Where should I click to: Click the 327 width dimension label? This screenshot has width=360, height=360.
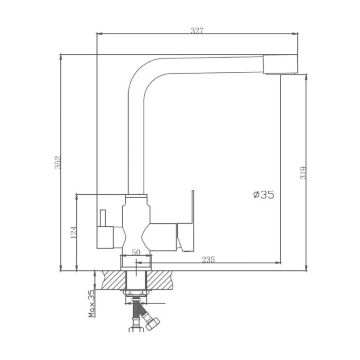[x=197, y=30]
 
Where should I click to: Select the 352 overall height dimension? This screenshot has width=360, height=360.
[x=58, y=162]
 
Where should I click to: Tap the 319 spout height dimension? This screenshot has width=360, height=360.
[x=303, y=173]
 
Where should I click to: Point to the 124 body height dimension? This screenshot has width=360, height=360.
[x=74, y=232]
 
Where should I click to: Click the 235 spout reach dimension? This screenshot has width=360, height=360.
[x=208, y=260]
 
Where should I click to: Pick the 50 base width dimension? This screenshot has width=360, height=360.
[x=136, y=252]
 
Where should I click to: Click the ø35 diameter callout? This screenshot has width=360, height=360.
[x=264, y=195]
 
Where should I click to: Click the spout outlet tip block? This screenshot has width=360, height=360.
[x=280, y=64]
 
